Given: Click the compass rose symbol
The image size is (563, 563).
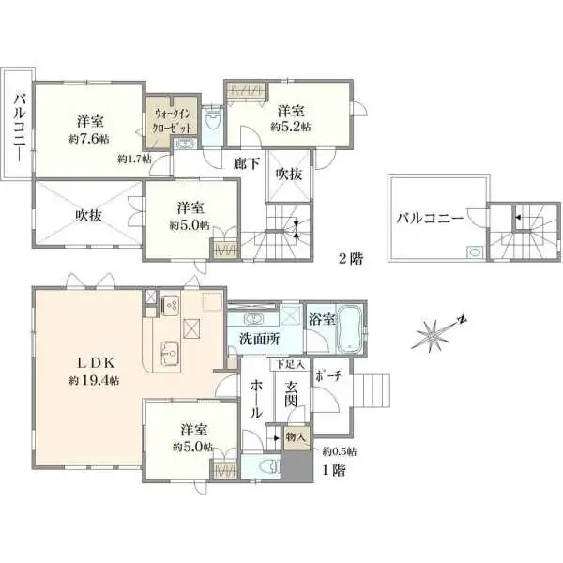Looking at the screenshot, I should (x=438, y=330).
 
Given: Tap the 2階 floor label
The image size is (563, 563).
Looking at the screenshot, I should (x=352, y=256).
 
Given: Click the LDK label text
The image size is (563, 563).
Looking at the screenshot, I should (x=89, y=362).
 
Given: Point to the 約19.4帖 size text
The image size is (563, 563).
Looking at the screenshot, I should (x=89, y=381).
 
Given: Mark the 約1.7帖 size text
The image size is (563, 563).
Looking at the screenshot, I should (x=134, y=160).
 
